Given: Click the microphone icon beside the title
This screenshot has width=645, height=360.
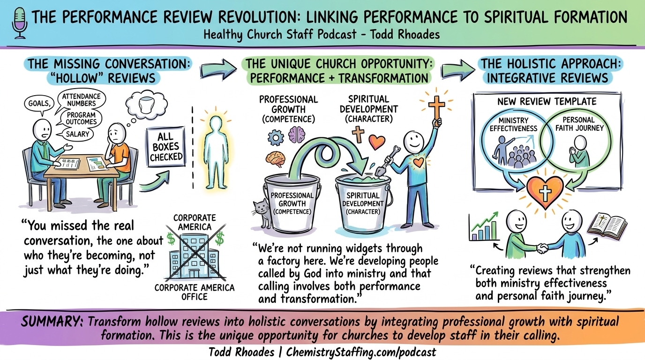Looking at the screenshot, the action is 19,22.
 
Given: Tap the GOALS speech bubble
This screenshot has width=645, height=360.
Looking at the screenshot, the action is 39,104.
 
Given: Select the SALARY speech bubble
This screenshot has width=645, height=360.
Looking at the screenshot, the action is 77,134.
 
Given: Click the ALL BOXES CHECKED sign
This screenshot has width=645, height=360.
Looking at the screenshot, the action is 165,147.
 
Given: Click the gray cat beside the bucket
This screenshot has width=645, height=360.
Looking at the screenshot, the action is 262,214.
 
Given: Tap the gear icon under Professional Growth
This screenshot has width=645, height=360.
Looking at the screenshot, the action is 276,137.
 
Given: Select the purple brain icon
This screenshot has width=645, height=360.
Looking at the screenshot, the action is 297,135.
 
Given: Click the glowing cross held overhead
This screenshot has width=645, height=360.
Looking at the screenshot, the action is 436,106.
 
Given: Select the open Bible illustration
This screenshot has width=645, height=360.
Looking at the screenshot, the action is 607,227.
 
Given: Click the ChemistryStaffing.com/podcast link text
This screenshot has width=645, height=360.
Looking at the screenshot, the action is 361,352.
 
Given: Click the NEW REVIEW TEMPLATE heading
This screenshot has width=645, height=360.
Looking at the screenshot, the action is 547,101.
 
